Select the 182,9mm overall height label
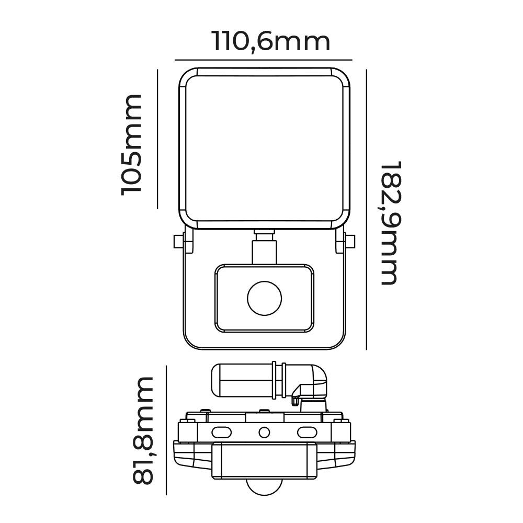pos(390,222)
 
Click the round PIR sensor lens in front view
pos(264,299)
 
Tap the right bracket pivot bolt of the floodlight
pos(349,241)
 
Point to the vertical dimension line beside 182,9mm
pos(367,209)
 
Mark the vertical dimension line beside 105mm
pos(157,139)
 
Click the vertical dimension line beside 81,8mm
pos(166,430)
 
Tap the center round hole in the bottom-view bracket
pos(264,432)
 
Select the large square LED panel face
pos(264,149)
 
